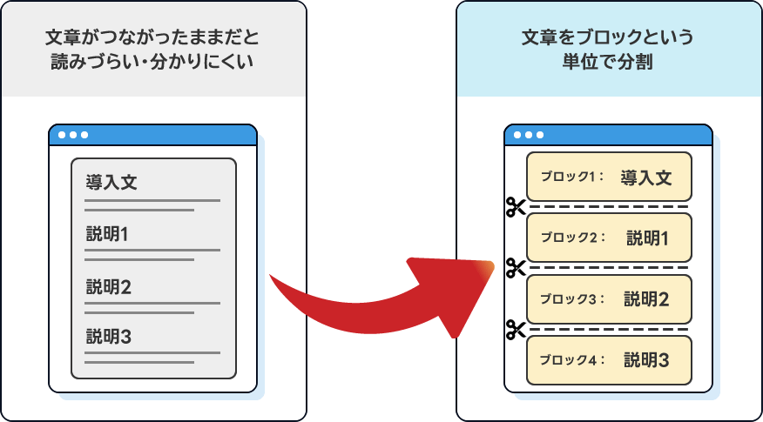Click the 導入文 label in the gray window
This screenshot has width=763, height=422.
tap(111, 183)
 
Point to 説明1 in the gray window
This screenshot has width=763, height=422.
tap(107, 234)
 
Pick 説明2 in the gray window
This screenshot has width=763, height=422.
tap(108, 286)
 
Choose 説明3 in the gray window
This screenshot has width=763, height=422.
tap(108, 336)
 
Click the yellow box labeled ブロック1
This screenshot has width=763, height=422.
tap(608, 177)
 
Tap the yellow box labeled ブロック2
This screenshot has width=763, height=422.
tap(608, 238)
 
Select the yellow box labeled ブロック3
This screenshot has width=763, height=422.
tap(608, 299)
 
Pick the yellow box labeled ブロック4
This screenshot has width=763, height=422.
tap(608, 360)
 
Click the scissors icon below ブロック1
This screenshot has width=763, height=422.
tap(516, 207)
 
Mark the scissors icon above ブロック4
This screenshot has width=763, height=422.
tap(516, 330)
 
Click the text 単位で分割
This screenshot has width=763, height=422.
tap(608, 64)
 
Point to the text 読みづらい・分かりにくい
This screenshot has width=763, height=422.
tap(152, 64)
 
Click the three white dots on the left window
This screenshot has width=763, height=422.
tap(72, 135)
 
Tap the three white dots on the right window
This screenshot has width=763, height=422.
tap(529, 135)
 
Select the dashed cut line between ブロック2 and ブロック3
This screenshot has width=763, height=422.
tap(610, 268)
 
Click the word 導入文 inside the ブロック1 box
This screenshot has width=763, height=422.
tap(646, 177)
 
